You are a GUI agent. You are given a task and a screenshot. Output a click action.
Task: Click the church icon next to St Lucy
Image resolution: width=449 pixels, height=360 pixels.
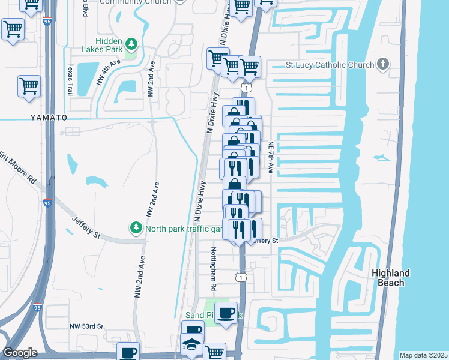382,65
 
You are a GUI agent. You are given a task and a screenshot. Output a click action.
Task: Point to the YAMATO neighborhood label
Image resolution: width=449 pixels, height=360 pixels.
47,118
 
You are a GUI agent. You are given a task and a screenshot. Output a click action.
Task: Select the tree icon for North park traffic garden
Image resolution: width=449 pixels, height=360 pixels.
136,228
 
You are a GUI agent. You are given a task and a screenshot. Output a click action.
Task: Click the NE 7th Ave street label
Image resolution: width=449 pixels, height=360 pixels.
271,158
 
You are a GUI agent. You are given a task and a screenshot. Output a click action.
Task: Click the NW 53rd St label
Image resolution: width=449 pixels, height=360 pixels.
86,326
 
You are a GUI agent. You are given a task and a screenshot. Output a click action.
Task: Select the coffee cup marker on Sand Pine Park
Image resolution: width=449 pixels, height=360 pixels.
226,313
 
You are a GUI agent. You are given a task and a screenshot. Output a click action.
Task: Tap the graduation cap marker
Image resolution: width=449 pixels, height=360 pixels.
191,345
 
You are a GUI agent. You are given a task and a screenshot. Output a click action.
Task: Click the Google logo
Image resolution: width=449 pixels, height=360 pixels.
20,353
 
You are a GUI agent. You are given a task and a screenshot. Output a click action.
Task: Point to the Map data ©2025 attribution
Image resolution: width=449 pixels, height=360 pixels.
423,355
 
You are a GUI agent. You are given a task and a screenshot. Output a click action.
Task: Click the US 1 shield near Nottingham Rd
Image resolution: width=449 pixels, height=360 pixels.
241,277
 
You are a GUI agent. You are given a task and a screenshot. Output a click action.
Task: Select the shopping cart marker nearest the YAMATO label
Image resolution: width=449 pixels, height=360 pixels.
28,86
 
